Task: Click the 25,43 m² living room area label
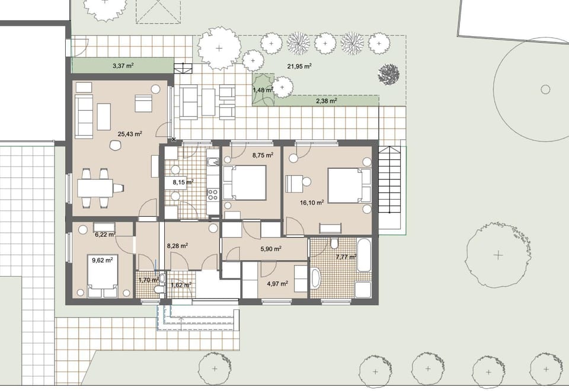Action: pos(130,134)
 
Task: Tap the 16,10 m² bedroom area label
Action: pos(312,203)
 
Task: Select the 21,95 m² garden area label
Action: pos(299,66)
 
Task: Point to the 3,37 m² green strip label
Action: pos(123,66)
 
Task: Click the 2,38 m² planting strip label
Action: pos(326,101)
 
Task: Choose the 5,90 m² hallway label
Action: pos(271,249)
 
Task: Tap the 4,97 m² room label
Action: pos(277,284)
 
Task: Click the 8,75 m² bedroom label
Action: pos(263,155)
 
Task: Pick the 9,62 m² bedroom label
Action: pos(103,259)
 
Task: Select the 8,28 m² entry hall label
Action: pos(177,246)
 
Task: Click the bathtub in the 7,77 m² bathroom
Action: pos(364,255)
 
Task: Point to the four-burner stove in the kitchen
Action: pos(213,194)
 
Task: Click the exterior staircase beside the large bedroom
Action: pos(390,180)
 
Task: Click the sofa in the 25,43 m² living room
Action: pos(84,116)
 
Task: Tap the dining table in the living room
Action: pos(95,188)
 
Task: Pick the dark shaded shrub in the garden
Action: pos(389,74)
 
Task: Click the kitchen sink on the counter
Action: pos(213,162)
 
